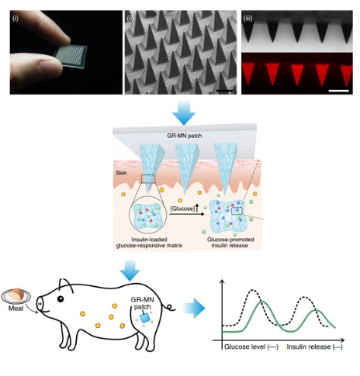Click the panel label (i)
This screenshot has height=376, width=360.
point(16,19)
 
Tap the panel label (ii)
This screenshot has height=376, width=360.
point(130,19)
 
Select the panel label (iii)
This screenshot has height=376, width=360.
point(247,19)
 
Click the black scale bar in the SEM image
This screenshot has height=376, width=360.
point(224,91)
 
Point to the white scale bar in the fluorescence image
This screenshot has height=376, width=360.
point(339,91)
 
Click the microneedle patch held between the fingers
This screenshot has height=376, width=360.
point(71,56)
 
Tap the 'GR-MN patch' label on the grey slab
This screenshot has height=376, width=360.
point(184,136)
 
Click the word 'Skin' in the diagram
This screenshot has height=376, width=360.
point(121,173)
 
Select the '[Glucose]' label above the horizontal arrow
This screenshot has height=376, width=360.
point(182,209)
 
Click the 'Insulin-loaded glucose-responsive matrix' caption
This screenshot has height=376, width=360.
point(149,243)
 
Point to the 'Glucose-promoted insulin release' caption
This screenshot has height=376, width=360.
point(230,243)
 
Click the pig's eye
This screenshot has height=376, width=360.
point(61,298)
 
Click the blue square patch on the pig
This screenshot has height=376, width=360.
point(145,318)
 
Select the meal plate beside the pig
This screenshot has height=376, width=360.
point(16,296)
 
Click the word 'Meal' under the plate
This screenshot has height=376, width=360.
point(16,308)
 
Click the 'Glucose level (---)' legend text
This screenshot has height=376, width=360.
point(251,347)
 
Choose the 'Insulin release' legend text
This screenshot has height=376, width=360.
point(309,347)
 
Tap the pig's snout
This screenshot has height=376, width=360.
point(40,304)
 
